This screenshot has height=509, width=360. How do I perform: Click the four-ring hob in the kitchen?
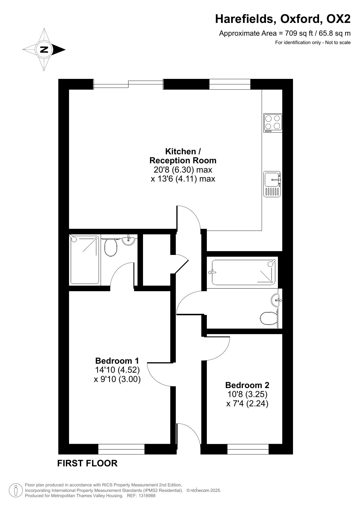[273, 123]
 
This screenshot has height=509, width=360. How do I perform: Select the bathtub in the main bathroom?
[243, 272]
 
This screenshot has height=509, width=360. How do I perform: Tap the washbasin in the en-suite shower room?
[129, 240]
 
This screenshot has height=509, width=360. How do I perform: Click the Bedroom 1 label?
[117, 361]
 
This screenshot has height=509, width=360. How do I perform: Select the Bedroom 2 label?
[247, 385]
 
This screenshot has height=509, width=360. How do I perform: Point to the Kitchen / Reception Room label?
[183, 156]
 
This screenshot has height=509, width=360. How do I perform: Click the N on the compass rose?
[44, 50]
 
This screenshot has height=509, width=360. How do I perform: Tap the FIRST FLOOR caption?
[87, 463]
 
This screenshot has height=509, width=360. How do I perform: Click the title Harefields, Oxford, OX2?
[283, 19]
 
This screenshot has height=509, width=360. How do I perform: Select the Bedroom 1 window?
[121, 449]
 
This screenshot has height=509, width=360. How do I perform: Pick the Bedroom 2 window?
[248, 449]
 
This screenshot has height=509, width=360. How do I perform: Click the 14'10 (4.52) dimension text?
[117, 370]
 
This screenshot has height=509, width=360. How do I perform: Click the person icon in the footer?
[16, 490]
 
